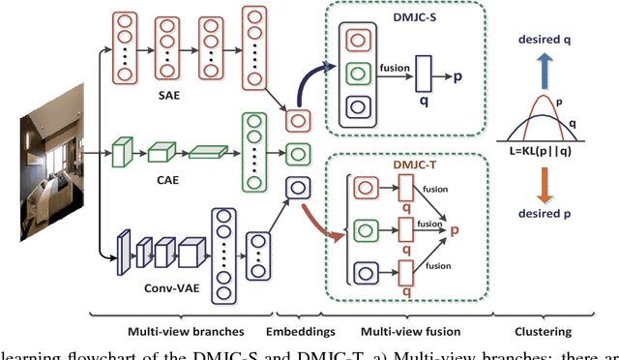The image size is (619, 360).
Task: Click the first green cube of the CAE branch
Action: click(122, 152)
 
